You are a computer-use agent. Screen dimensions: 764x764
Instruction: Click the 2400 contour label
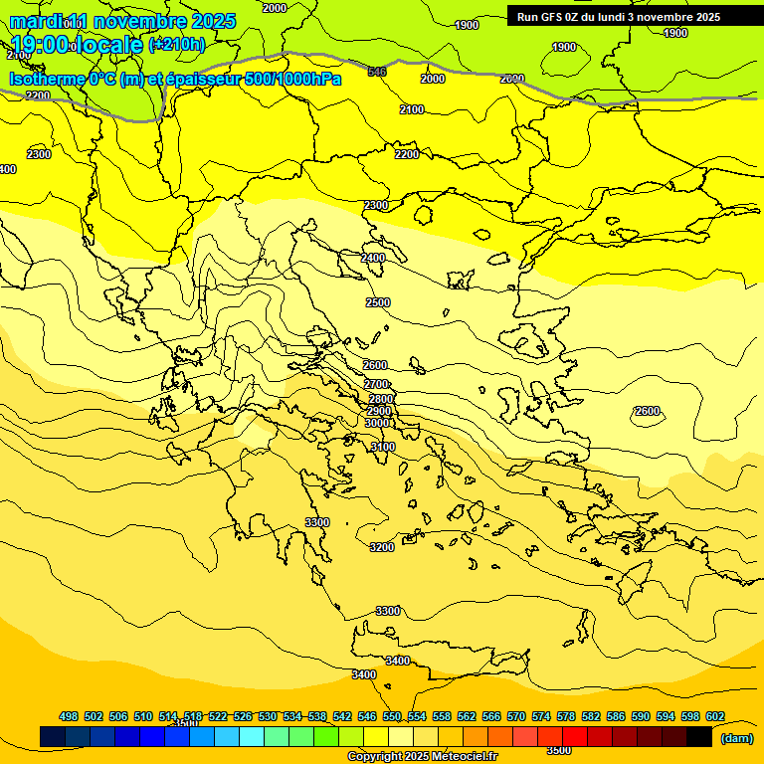(x=373, y=258)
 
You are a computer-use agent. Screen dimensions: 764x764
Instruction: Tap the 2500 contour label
(x=378, y=302)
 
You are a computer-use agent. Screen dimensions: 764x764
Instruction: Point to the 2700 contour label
(x=376, y=384)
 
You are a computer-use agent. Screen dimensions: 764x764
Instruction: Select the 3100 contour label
(x=383, y=448)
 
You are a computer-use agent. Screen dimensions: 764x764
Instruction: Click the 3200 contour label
(x=382, y=547)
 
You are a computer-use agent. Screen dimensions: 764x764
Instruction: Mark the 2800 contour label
(x=381, y=399)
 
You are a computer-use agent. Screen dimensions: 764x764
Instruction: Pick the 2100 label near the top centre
(x=412, y=109)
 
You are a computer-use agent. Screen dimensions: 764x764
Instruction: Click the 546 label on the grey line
(x=377, y=72)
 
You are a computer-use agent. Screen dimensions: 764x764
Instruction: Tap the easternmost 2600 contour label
(x=647, y=411)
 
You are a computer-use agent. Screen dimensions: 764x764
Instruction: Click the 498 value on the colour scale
(x=69, y=716)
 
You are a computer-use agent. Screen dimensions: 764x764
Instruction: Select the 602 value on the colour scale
(x=715, y=716)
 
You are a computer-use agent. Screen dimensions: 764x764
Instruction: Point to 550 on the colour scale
(x=392, y=716)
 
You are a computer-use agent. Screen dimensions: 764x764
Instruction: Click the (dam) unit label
(x=736, y=737)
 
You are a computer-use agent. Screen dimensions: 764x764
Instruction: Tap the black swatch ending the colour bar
(x=699, y=736)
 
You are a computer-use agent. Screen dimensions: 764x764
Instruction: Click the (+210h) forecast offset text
(x=177, y=44)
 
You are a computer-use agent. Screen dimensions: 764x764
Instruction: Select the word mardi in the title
(x=34, y=21)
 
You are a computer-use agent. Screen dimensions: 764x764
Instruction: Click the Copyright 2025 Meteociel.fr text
(x=422, y=757)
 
